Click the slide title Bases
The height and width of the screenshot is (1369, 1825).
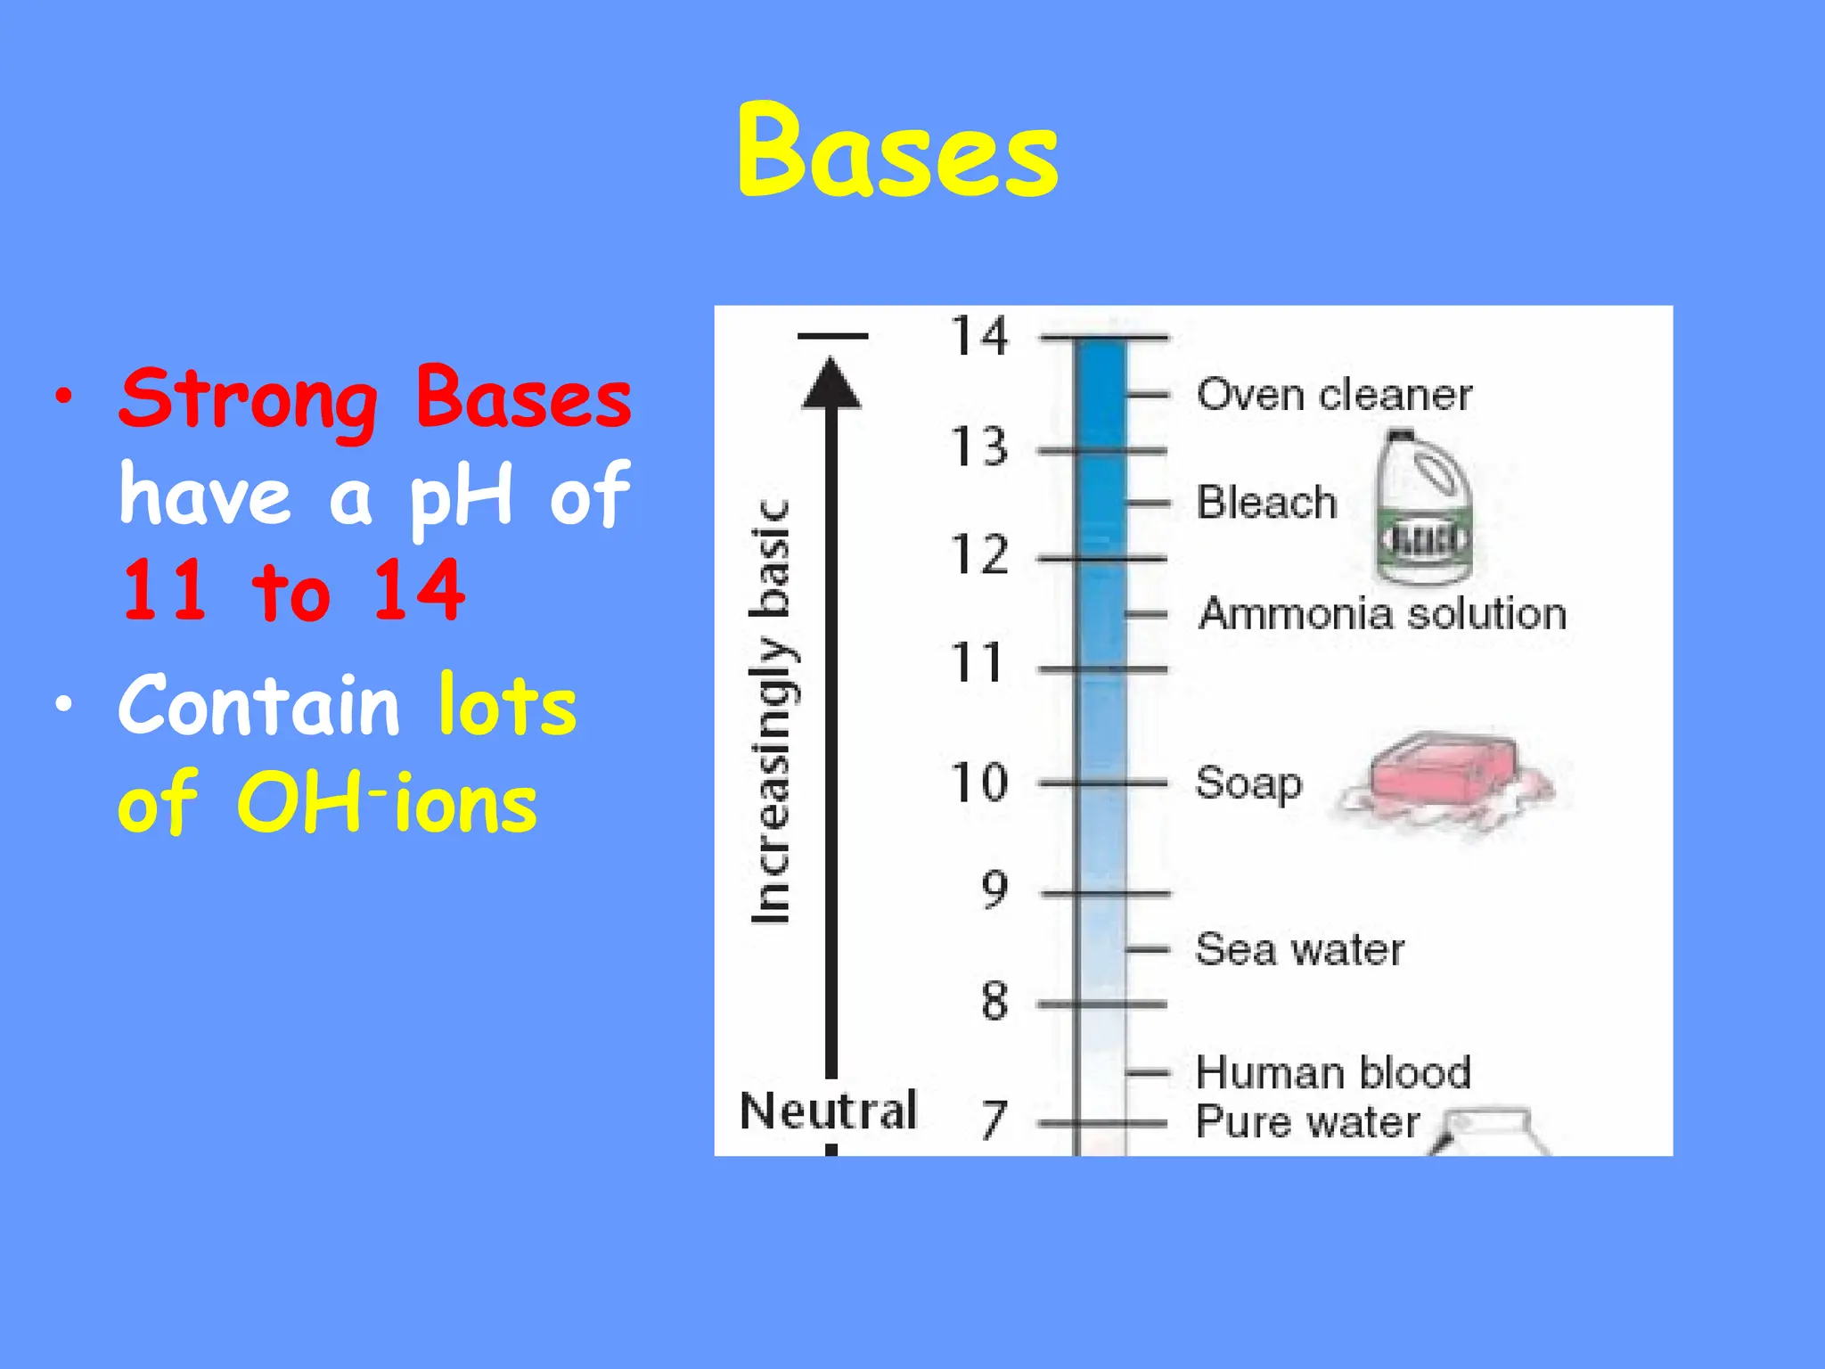pyautogui.click(x=897, y=152)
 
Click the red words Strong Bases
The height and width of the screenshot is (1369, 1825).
pyautogui.click(x=375, y=398)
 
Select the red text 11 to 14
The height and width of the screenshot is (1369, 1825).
pyautogui.click(x=293, y=591)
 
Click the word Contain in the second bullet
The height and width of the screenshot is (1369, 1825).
pyautogui.click(x=259, y=705)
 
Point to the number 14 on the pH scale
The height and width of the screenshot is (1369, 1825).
pyautogui.click(x=978, y=337)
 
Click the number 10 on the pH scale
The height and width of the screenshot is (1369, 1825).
pyautogui.click(x=978, y=783)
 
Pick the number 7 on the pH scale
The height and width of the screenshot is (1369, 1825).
pyautogui.click(x=994, y=1120)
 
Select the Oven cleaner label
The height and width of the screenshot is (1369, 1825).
pyautogui.click(x=1334, y=395)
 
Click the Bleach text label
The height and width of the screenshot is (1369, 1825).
pyautogui.click(x=1266, y=503)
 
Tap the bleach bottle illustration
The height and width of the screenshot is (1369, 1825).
pyautogui.click(x=1423, y=508)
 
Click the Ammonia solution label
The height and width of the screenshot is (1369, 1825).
pyautogui.click(x=1382, y=614)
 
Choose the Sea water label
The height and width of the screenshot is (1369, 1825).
pyautogui.click(x=1299, y=949)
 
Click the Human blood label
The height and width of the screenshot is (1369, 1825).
pyautogui.click(x=1333, y=1072)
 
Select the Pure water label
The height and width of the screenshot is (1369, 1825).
pyautogui.click(x=1307, y=1121)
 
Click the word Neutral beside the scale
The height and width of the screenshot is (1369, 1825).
pyautogui.click(x=828, y=1111)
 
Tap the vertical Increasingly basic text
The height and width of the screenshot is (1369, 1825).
pyautogui.click(x=771, y=713)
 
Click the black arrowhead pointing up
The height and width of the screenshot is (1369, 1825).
pyautogui.click(x=831, y=384)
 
